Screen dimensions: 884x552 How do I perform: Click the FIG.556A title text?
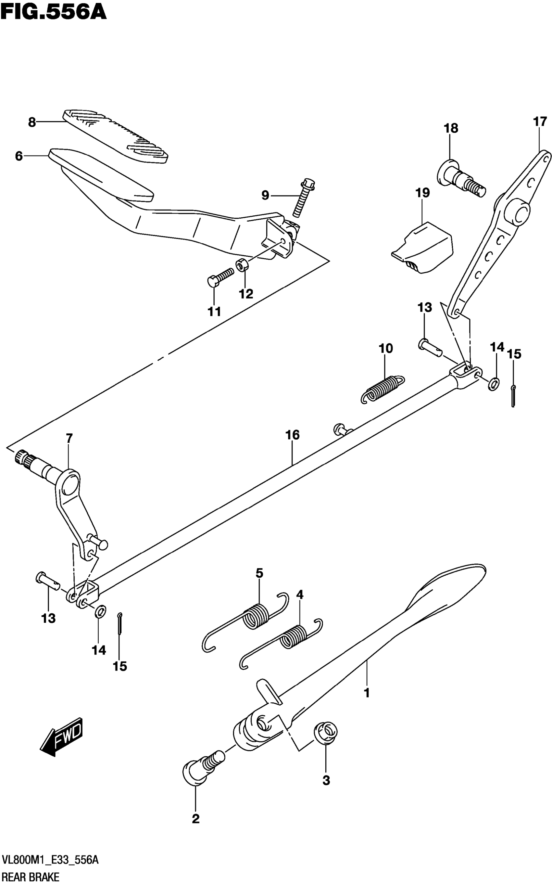53,12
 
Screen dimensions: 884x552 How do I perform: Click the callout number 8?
32,122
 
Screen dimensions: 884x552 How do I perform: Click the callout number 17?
540,121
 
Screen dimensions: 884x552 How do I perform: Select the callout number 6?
19,156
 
